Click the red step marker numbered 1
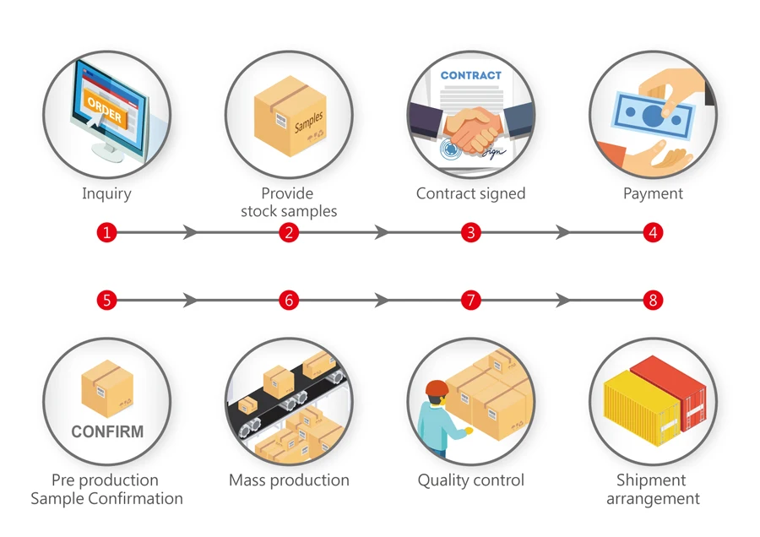(x=106, y=232)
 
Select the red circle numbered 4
(x=652, y=232)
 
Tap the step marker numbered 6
(x=289, y=300)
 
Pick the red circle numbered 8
(x=652, y=300)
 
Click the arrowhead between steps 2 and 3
(x=382, y=232)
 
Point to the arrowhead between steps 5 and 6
(x=191, y=300)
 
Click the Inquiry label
(x=106, y=193)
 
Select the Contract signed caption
(x=470, y=193)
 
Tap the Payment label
(x=653, y=193)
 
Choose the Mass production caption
(x=289, y=480)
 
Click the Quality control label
(x=470, y=480)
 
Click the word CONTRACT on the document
(x=470, y=75)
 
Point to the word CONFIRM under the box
(x=107, y=431)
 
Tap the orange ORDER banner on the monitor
(x=105, y=107)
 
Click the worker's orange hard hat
(x=437, y=388)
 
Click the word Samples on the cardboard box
(x=308, y=122)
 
